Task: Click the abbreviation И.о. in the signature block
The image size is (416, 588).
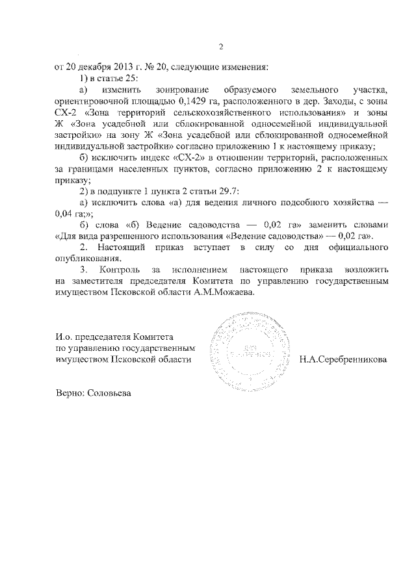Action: [x=63, y=336]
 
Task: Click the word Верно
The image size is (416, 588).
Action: [x=68, y=394]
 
